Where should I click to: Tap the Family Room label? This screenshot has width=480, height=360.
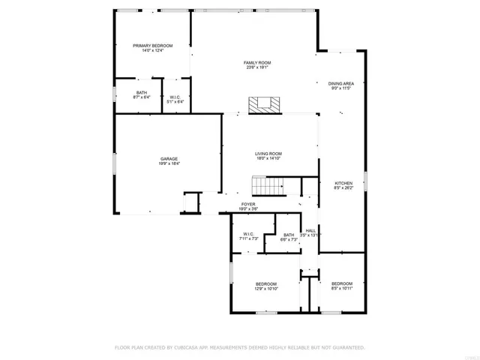coord(256,62)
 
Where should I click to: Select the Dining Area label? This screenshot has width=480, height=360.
coord(340,83)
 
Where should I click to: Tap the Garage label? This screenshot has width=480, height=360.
coord(169,158)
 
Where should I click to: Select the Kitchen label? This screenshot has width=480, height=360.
coord(343,183)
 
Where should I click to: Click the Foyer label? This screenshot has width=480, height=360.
coord(247,203)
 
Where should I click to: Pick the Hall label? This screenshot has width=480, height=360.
coord(310,230)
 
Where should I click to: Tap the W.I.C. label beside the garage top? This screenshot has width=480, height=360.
coord(174,96)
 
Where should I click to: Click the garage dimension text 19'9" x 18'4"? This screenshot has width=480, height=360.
coord(169,163)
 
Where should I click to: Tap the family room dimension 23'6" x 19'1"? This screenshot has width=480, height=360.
coord(256,67)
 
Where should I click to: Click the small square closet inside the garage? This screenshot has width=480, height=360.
coord(192,202)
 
